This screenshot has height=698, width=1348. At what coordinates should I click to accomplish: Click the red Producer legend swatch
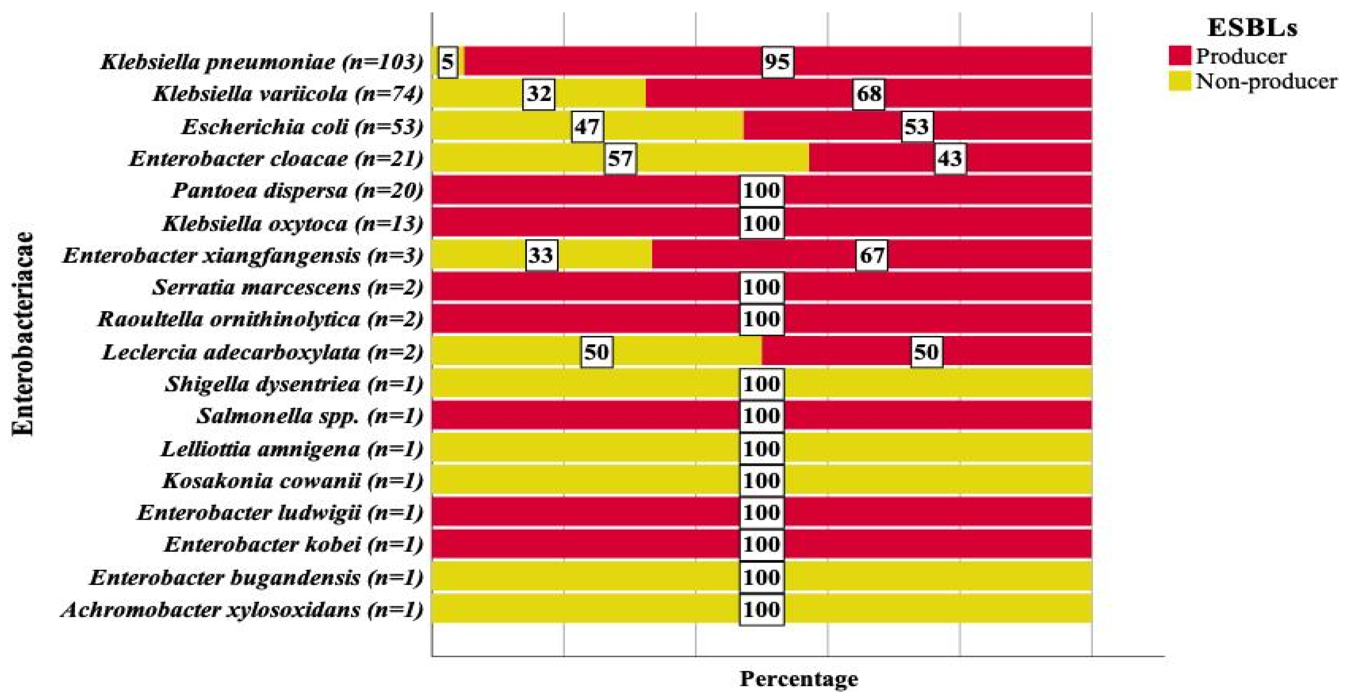(1180, 56)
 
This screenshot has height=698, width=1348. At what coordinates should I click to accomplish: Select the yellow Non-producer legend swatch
(1180, 81)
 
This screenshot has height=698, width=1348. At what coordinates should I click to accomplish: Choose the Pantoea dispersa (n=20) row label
(297, 191)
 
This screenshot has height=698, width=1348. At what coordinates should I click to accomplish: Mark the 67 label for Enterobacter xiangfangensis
(872, 255)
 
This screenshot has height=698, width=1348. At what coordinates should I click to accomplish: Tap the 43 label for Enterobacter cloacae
(950, 158)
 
